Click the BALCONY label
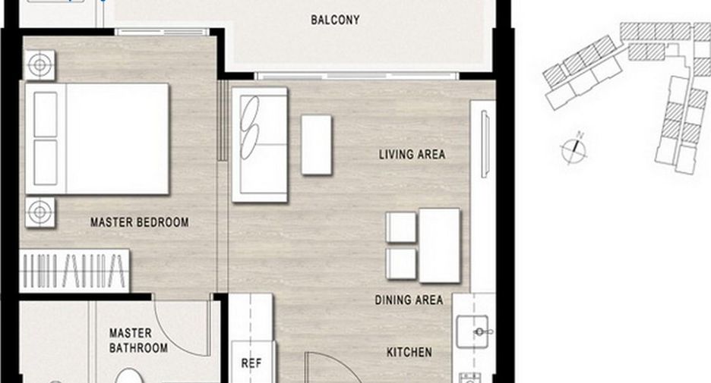tap(335, 20)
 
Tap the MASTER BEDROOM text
tap(139, 222)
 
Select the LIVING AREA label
tap(412, 155)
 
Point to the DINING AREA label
tap(409, 300)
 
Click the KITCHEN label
tap(409, 352)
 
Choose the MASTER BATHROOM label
tap(138, 341)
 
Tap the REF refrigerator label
tap(251, 363)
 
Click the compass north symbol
tap(574, 148)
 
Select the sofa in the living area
tap(259, 144)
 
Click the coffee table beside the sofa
tap(317, 144)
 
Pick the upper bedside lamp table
tap(39, 64)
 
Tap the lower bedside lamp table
tap(39, 212)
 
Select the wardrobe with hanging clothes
tap(74, 270)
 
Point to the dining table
tap(439, 246)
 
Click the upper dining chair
tap(401, 228)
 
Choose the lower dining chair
tap(401, 263)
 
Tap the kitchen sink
tap(472, 331)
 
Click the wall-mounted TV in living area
tap(485, 144)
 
